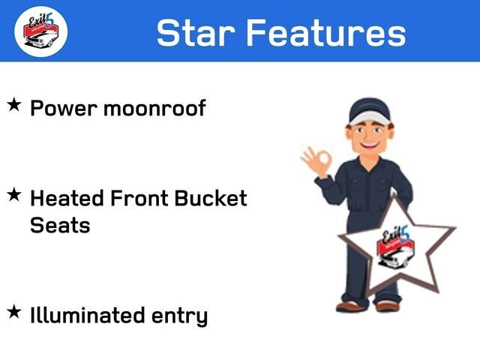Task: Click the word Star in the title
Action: (x=196, y=32)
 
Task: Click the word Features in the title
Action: (x=326, y=32)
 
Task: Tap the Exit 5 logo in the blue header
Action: (x=41, y=31)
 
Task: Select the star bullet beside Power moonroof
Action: (x=14, y=105)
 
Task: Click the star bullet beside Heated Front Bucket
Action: (x=14, y=195)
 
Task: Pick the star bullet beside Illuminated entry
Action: (x=14, y=312)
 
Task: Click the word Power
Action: (x=64, y=108)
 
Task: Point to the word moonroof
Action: (x=154, y=108)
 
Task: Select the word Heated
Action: (x=67, y=198)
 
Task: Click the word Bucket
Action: (x=211, y=198)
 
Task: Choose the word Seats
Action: (x=60, y=225)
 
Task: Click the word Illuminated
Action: (x=87, y=315)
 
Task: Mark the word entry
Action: (x=180, y=316)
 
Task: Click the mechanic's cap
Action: (x=370, y=111)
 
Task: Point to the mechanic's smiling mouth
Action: (x=369, y=144)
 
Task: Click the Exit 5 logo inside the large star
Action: (x=396, y=247)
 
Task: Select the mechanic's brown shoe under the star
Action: (x=387, y=306)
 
